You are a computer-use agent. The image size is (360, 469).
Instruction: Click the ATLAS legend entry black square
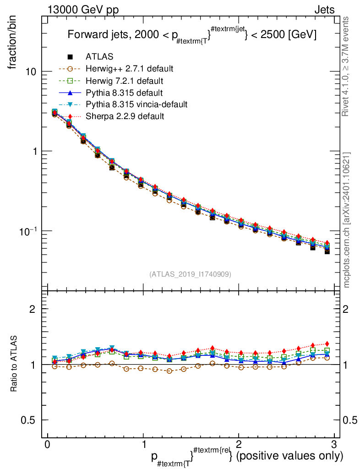click(x=70, y=57)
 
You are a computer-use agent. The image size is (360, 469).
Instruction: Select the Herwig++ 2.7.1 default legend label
click(x=129, y=69)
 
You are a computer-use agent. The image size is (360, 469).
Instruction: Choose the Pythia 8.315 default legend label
click(x=124, y=93)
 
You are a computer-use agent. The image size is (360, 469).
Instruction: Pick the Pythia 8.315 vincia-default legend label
click(x=136, y=104)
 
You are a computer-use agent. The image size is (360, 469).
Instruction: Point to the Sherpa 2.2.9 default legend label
click(x=125, y=116)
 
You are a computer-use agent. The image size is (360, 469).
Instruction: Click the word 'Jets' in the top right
click(x=324, y=10)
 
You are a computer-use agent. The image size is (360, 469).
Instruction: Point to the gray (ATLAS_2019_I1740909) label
click(x=190, y=274)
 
